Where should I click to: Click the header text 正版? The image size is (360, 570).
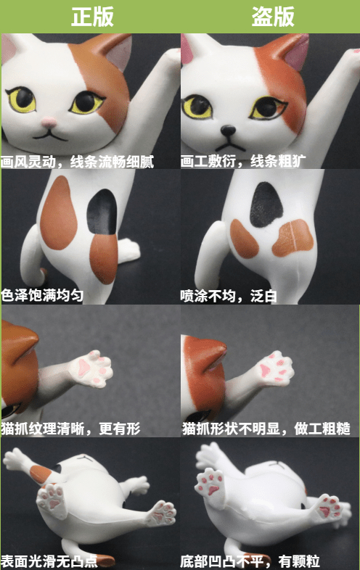[x=92, y=17]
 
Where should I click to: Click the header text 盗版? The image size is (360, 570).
[x=273, y=17]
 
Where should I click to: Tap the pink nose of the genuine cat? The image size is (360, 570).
[x=49, y=122]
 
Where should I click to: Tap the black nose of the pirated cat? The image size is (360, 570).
[x=228, y=130]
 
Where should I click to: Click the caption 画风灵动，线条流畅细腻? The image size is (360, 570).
[x=77, y=162]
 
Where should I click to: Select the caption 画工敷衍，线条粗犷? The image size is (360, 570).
[x=243, y=161]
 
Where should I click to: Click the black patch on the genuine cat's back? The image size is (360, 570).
[x=102, y=212]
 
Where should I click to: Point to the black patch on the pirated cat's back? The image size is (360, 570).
[x=266, y=205]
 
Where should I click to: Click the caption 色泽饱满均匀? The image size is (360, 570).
[x=42, y=295]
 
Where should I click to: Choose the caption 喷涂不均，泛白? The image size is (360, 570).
[x=229, y=296]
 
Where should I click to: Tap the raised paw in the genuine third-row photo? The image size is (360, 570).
[x=91, y=368]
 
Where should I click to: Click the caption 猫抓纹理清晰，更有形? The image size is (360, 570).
[x=70, y=429]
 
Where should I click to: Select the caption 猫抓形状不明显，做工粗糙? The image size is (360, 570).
[x=266, y=429]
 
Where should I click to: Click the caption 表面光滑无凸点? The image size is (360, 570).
[x=49, y=561]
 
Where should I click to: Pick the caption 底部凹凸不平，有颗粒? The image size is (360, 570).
[x=250, y=561]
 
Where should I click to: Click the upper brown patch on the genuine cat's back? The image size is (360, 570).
[x=58, y=213]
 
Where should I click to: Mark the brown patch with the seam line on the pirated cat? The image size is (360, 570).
[x=292, y=238]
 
